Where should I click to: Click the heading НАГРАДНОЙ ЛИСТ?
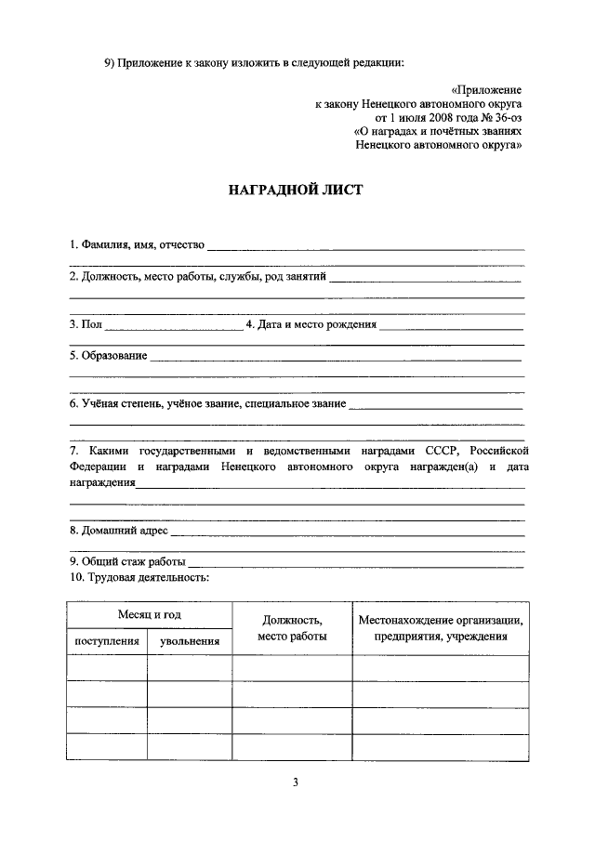pos(296,191)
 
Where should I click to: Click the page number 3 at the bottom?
pos(296,782)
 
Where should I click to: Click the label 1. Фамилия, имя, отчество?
pos(137,245)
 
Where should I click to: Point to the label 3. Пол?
pos(86,325)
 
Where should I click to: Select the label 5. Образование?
pos(108,355)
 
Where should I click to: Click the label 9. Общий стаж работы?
pos(127,562)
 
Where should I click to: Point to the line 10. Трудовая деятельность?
pos(139,578)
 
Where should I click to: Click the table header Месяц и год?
pos(149,615)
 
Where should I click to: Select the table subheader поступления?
pos(107,641)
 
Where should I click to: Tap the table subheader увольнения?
pos(190,641)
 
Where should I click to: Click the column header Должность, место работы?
pos(292,628)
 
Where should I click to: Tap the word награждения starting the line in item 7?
pos(103,484)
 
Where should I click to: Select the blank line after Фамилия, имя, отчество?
pos(365,249)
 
